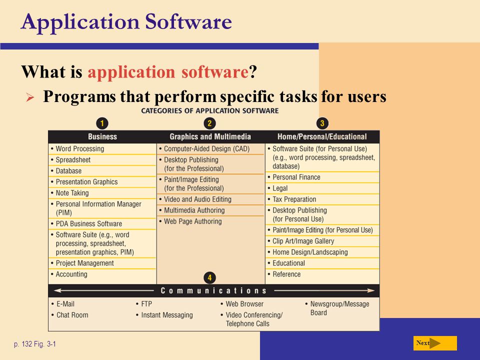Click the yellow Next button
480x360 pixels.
435,343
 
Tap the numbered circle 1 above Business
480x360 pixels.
102,123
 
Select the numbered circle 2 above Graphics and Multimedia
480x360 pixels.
209,123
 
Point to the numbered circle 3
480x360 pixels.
322,123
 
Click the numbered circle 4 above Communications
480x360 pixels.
209,278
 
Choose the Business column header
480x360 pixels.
102,136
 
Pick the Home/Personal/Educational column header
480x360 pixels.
322,136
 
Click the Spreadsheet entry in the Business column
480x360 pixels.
73,160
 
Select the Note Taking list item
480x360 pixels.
72,193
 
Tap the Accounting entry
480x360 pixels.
71,274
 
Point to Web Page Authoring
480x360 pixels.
193,221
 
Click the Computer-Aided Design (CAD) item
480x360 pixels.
207,149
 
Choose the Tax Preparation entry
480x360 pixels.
294,199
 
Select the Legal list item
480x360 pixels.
280,188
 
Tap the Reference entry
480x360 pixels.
286,274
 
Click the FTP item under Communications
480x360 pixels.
146,304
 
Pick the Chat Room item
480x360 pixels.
72,315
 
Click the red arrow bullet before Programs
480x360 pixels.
30,97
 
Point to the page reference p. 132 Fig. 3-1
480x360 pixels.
35,344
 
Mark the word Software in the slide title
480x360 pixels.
188,21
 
